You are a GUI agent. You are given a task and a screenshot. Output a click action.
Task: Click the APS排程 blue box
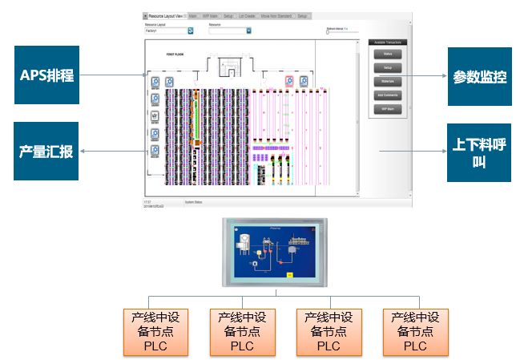point(48,76)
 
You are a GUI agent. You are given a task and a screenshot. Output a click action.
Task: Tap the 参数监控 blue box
point(479,77)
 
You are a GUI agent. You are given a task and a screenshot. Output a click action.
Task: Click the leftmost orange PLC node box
point(155,332)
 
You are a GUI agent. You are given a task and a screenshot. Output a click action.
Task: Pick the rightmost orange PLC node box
point(416,332)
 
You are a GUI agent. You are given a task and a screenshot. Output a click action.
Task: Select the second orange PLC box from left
point(242,332)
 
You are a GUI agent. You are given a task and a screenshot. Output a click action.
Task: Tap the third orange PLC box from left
point(329,332)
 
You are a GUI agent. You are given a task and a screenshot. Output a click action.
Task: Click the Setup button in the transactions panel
point(388,68)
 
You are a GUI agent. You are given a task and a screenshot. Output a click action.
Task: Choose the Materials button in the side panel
point(388,82)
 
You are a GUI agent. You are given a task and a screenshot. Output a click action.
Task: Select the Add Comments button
point(388,95)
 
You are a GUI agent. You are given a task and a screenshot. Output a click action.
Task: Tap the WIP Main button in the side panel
point(388,108)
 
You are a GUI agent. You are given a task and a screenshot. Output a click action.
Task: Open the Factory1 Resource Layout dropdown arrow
point(191,31)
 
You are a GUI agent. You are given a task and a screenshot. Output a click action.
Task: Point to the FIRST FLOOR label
point(176,54)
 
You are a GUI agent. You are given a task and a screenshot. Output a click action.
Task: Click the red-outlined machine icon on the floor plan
point(290,81)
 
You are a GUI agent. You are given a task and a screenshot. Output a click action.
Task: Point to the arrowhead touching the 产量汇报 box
point(83,151)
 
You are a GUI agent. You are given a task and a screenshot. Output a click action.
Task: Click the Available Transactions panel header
point(388,42)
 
